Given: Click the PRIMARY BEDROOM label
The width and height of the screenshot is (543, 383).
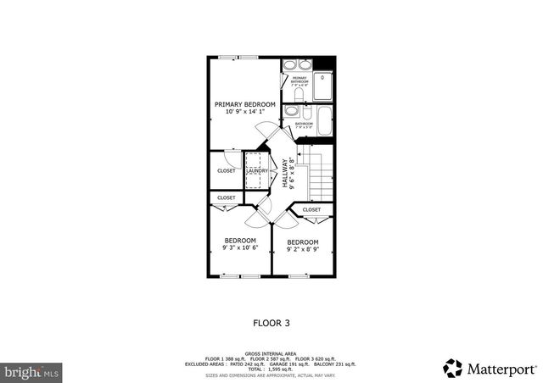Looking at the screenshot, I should [x=244, y=104].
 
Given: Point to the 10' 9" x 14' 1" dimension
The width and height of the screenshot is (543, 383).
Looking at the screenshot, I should [x=244, y=112].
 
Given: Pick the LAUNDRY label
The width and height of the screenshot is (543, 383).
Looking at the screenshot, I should [x=257, y=170].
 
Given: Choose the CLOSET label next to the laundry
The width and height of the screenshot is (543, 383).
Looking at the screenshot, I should [x=227, y=170].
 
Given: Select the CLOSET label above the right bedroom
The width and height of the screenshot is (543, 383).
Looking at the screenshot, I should [x=311, y=209].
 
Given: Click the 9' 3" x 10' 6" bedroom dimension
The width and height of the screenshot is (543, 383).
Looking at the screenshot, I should [x=239, y=248].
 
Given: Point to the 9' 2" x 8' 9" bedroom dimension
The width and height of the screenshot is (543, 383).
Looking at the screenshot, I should [x=303, y=250].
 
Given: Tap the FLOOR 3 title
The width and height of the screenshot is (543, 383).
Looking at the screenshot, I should [x=271, y=322].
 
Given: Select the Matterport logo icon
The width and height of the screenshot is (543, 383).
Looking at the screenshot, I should [x=454, y=369].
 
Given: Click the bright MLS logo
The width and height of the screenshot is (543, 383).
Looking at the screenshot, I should [x=31, y=371].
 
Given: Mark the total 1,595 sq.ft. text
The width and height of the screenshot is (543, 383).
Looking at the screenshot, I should [x=271, y=369].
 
